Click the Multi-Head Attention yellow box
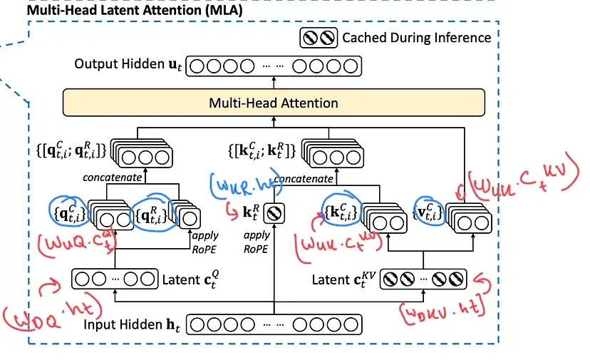click(x=274, y=103)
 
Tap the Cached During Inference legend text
click(x=416, y=38)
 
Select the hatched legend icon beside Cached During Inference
click(x=319, y=38)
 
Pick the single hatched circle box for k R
click(x=274, y=212)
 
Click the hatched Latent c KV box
click(x=425, y=279)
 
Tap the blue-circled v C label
click(x=428, y=210)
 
